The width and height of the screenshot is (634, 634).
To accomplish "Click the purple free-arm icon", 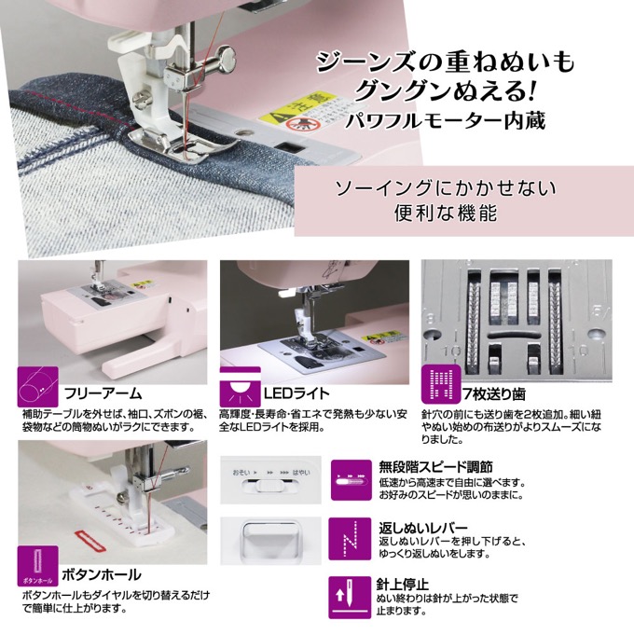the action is pyautogui.click(x=37, y=387).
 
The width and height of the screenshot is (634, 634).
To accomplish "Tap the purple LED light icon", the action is pyautogui.click(x=241, y=387).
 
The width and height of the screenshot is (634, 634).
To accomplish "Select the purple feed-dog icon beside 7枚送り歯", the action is pyautogui.click(x=441, y=384).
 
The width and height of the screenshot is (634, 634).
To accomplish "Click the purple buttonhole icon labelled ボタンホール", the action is pyautogui.click(x=37, y=566).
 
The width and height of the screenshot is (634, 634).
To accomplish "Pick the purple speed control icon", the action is pyautogui.click(x=351, y=480).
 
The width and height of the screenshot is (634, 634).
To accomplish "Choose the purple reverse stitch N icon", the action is pyautogui.click(x=350, y=539).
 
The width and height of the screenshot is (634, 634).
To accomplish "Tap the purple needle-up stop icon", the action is pyautogui.click(x=350, y=598).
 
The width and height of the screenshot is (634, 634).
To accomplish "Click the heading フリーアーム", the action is pyautogui.click(x=103, y=393).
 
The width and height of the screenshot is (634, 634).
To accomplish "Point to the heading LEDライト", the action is pyautogui.click(x=296, y=393).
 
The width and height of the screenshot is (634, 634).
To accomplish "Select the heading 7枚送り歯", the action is pyautogui.click(x=494, y=393).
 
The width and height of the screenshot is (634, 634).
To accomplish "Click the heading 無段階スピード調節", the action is pyautogui.click(x=436, y=467).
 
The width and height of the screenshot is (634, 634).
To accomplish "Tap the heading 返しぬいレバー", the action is pyautogui.click(x=423, y=528).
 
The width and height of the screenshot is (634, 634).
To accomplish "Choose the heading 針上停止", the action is pyautogui.click(x=403, y=585).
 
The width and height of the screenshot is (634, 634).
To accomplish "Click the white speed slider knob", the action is pyautogui.click(x=269, y=485).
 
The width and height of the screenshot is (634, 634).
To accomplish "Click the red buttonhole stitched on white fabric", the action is pyautogui.click(x=90, y=542).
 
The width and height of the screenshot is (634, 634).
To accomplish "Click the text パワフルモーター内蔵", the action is pyautogui.click(x=445, y=121).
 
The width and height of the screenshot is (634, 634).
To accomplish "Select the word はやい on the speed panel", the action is pyautogui.click(x=301, y=472).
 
